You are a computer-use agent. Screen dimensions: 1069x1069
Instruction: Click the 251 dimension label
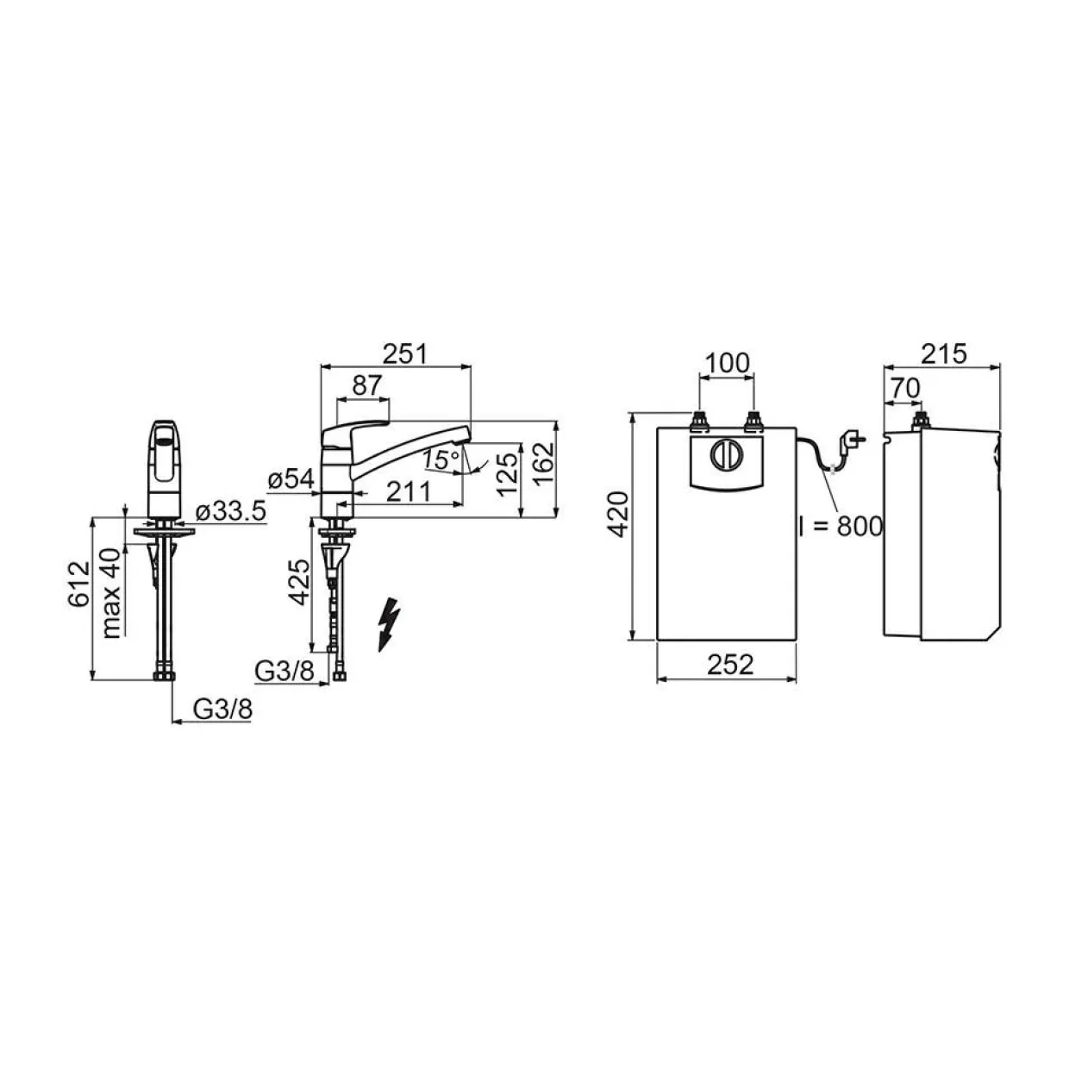405,354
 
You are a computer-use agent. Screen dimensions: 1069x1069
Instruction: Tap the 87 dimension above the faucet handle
367,385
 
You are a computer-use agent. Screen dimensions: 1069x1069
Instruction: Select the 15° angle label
441,459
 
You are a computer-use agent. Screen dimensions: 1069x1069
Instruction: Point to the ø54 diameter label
291,479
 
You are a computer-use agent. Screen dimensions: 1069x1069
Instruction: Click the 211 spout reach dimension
409,491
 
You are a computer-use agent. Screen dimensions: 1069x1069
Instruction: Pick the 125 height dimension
507,474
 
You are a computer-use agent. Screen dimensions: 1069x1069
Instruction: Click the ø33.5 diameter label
231,510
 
